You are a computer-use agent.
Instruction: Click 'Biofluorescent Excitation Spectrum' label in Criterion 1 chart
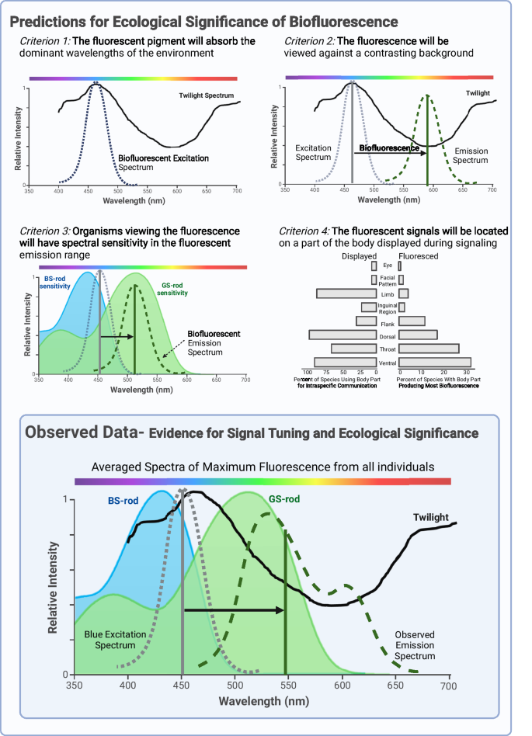point(163,162)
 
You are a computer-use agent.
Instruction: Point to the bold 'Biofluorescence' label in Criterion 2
point(384,146)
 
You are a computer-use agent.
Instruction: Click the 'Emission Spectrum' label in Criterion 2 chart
point(471,155)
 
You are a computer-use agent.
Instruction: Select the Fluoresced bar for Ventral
point(435,362)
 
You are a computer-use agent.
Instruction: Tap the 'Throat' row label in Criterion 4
point(387,349)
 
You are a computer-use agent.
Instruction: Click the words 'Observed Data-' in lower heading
point(82,432)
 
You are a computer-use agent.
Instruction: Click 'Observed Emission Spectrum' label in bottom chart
point(415,645)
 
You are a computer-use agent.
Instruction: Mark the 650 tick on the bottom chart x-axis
point(397,686)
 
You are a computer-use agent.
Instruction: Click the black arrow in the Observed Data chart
point(233,610)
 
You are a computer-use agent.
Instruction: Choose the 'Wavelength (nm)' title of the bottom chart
point(263,700)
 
